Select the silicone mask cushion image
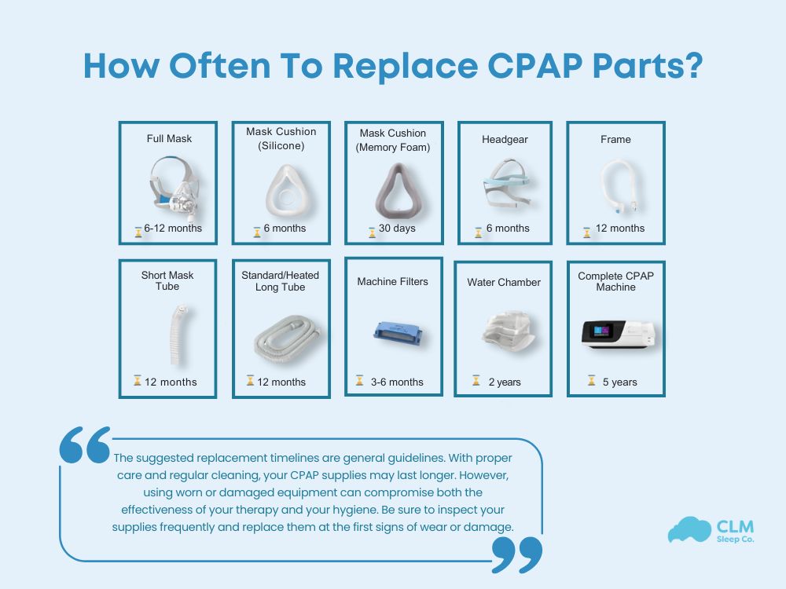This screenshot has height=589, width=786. click(x=281, y=188)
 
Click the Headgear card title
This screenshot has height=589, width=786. click(x=505, y=139)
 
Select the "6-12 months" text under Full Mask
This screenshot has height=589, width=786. click(x=173, y=229)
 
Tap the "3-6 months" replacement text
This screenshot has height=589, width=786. click(x=397, y=382)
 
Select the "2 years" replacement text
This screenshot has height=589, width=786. click(x=504, y=382)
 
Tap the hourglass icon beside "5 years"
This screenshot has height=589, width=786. click(x=591, y=381)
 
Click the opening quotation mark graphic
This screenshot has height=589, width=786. click(x=85, y=445)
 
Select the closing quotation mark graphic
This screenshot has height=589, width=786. click(x=516, y=554)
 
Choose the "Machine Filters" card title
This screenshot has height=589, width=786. click(x=393, y=281)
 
